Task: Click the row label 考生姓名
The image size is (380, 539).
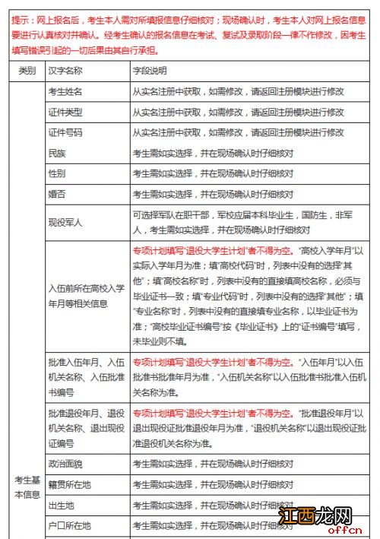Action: point(65,90)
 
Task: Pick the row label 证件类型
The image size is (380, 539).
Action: point(65,111)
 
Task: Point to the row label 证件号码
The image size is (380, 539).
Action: point(65,132)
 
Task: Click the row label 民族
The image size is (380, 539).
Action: point(56,152)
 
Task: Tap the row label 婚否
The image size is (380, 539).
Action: point(56,194)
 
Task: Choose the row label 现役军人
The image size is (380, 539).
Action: point(65,224)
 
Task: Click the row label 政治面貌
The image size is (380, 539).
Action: point(65,463)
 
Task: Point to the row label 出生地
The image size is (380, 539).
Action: point(61,504)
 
